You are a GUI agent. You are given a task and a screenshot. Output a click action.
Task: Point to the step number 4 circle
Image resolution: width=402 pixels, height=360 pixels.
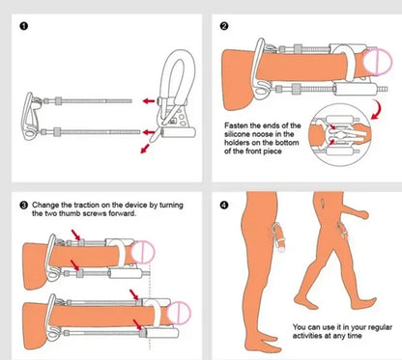coord(224,206)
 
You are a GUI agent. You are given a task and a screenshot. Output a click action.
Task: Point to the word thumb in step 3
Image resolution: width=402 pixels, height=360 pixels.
coord(53,215)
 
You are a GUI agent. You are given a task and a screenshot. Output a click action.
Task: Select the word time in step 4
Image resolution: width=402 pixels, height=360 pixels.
coord(356,337)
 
